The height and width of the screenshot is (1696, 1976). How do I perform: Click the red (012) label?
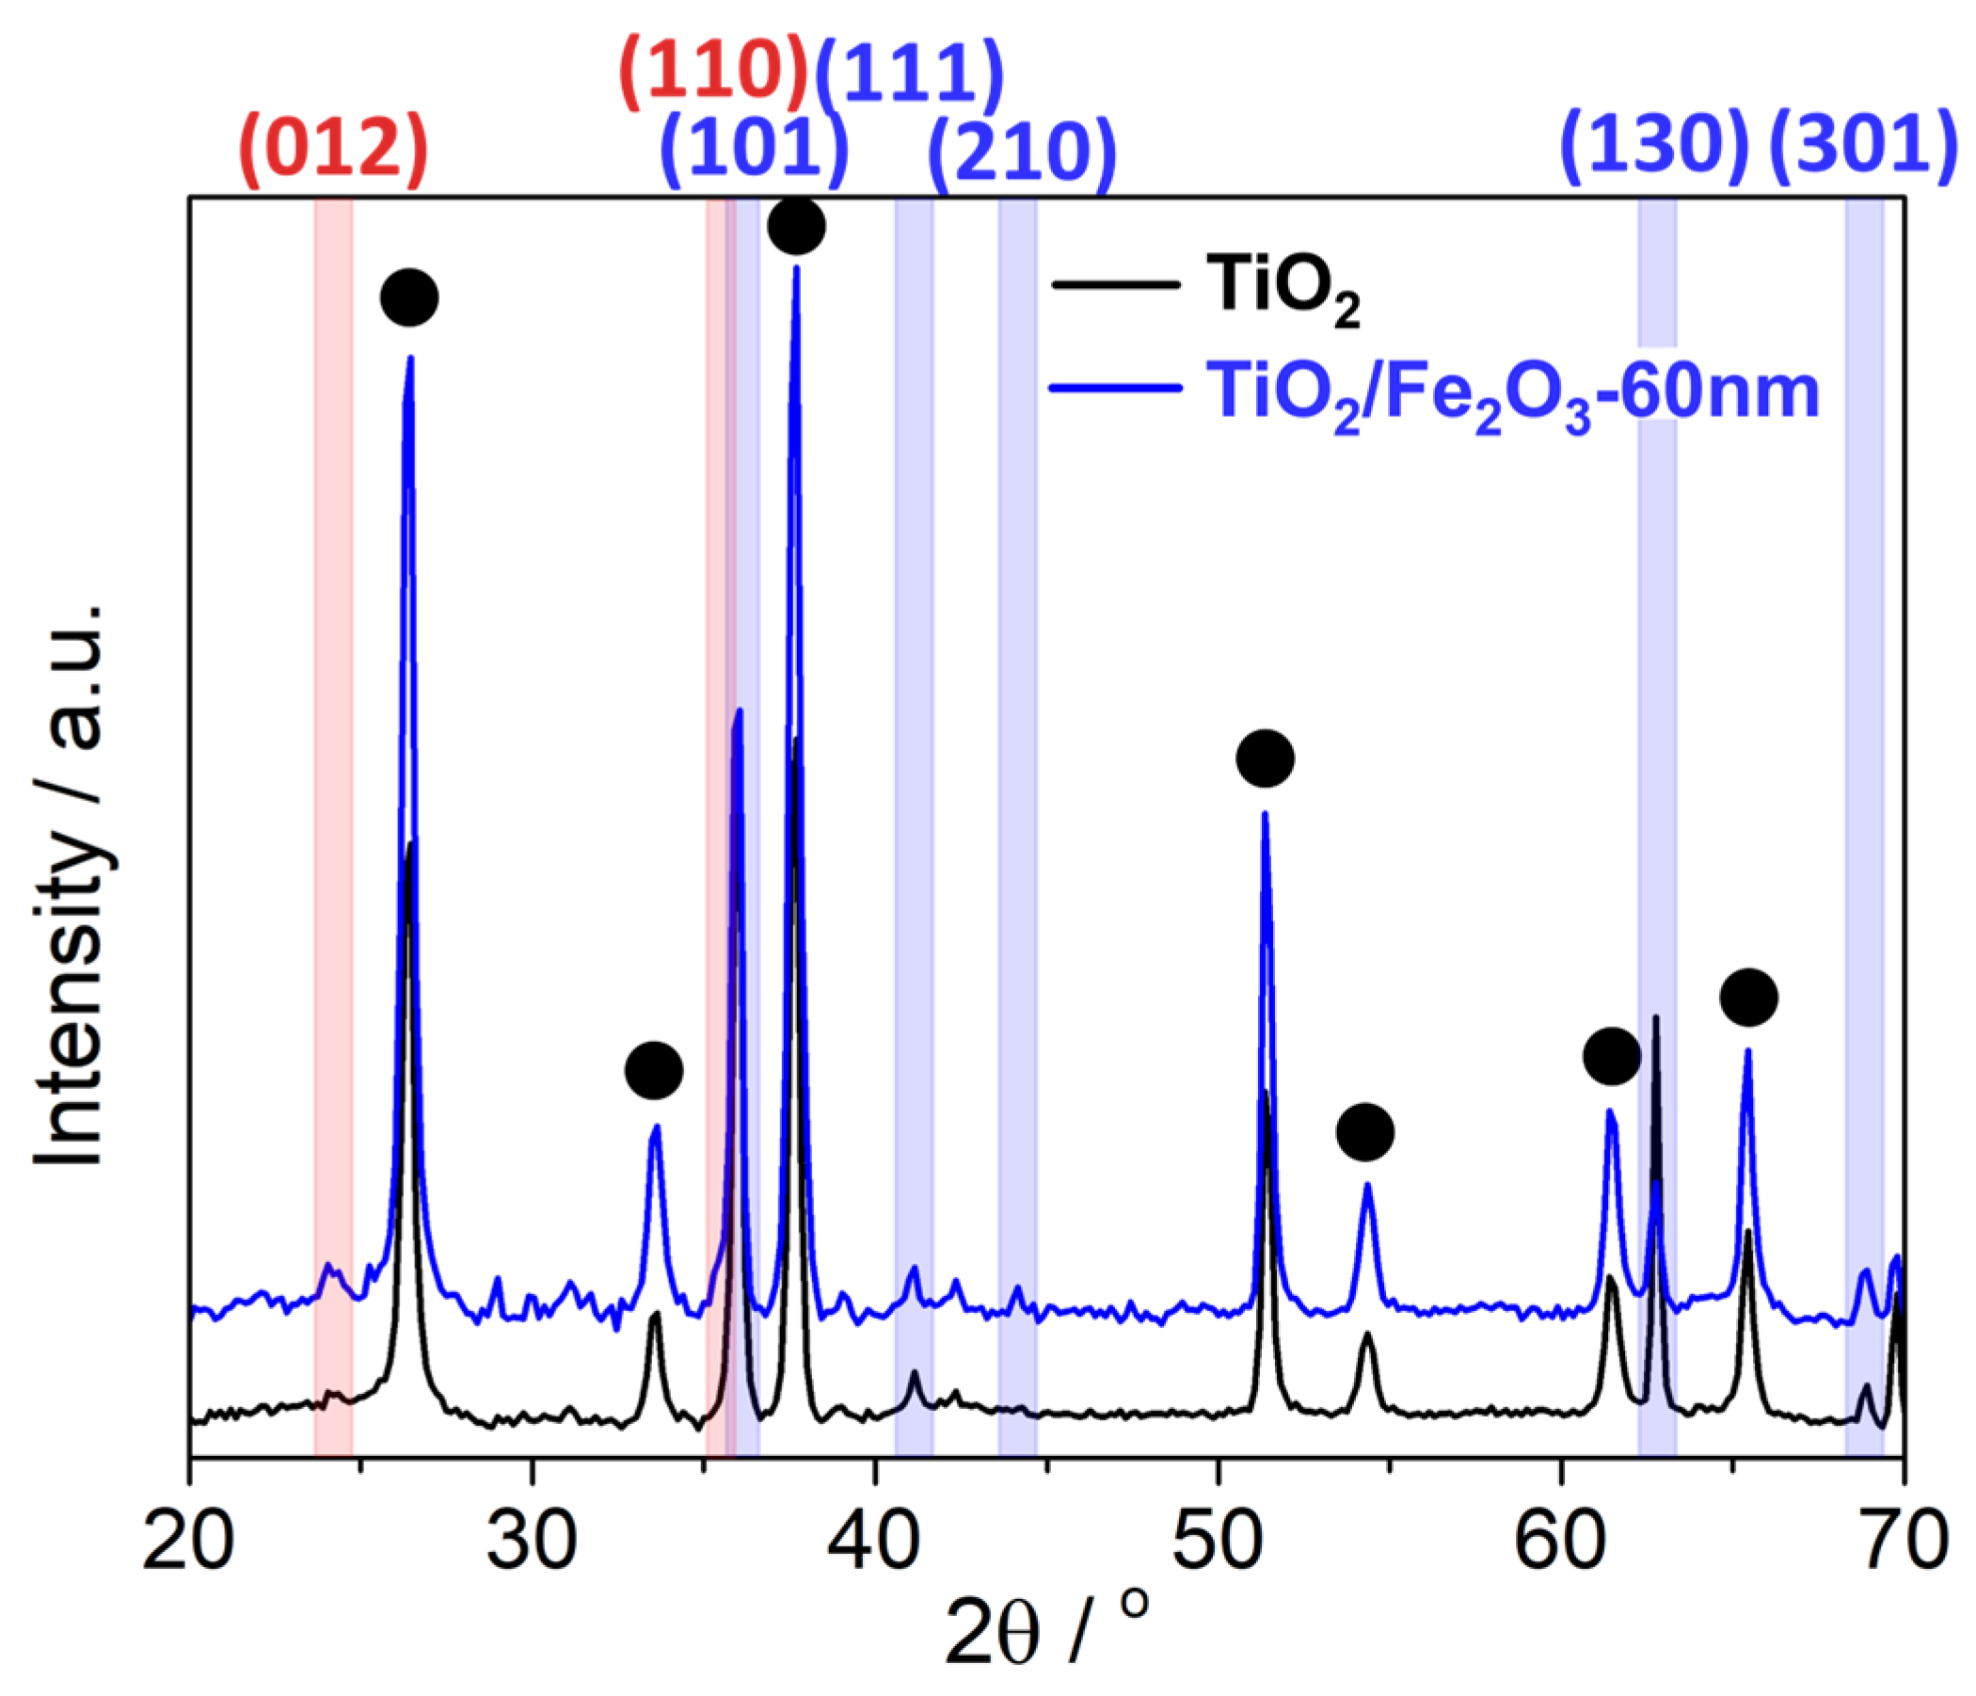coord(335,150)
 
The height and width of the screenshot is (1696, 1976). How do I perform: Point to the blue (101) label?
coord(755,150)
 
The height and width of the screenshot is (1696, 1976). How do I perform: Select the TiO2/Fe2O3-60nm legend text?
coord(1512,394)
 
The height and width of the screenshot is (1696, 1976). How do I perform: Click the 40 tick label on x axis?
coord(874,1542)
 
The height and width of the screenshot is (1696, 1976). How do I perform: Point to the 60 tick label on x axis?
coord(1560,1542)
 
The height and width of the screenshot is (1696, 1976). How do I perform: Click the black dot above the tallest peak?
coord(796,226)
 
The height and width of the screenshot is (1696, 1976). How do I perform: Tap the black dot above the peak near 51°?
coord(1266,759)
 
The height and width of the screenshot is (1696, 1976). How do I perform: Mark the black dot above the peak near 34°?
coord(654,1070)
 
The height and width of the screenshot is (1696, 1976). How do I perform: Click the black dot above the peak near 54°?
coord(1365,1132)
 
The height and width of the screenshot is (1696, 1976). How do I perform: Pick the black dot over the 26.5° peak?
coord(409,297)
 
